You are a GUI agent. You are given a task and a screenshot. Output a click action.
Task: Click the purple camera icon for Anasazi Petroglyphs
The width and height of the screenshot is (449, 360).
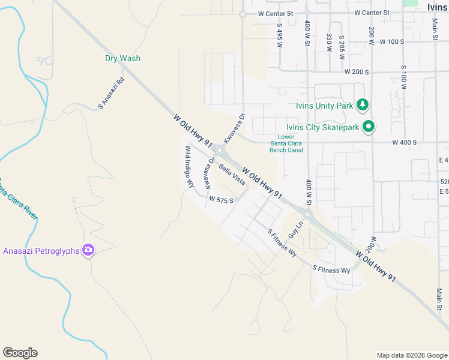pos(88,250)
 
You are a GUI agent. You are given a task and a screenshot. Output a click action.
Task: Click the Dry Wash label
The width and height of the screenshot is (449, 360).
pos(122,58)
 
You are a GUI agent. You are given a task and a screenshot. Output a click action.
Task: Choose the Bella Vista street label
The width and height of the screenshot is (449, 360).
pos(231,174)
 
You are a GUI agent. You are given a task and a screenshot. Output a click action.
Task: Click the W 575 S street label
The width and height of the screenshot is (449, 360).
pos(221,198)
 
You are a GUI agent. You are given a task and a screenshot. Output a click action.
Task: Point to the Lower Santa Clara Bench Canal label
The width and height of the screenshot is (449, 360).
pos(290,143)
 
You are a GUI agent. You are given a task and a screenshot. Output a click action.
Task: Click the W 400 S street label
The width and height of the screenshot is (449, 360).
pos(404,143)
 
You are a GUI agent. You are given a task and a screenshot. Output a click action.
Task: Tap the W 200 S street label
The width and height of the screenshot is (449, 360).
pos(357,71)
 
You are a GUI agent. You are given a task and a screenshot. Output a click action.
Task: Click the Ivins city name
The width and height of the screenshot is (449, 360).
pos(438,7)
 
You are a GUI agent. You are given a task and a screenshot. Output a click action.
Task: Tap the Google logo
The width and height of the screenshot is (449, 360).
pos(20,353)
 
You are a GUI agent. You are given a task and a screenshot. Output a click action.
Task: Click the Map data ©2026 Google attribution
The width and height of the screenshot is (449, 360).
pos(411,355)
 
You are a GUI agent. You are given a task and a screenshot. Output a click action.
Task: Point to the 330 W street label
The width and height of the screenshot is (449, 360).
pos(329,43)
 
